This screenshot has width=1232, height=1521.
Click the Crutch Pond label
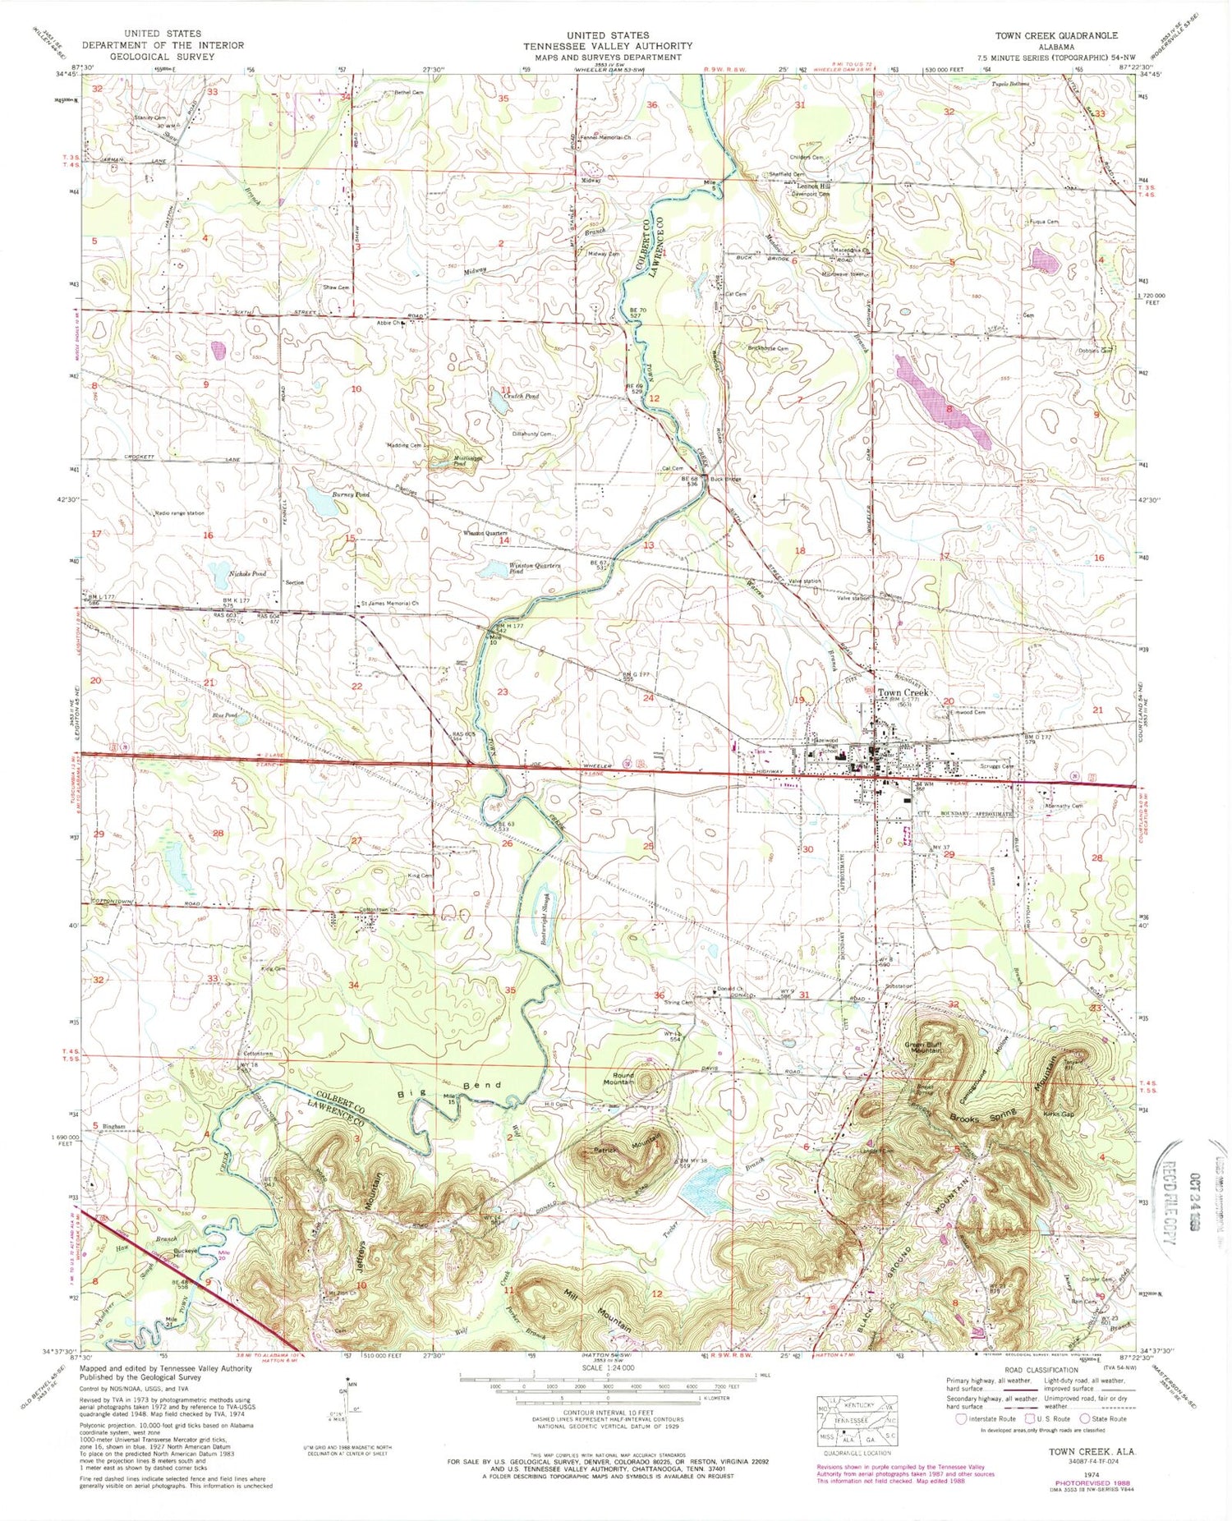[520, 396]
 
